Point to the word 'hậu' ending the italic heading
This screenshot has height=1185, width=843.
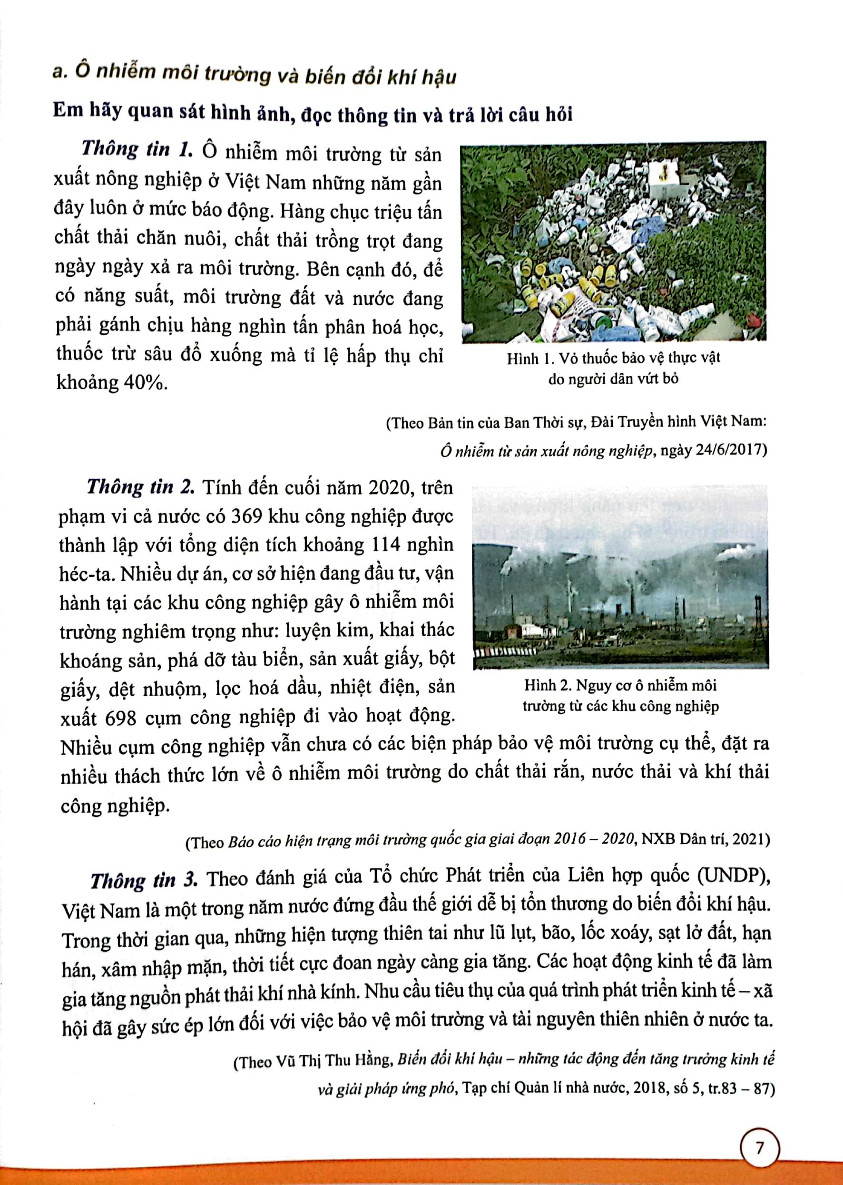(x=439, y=78)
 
